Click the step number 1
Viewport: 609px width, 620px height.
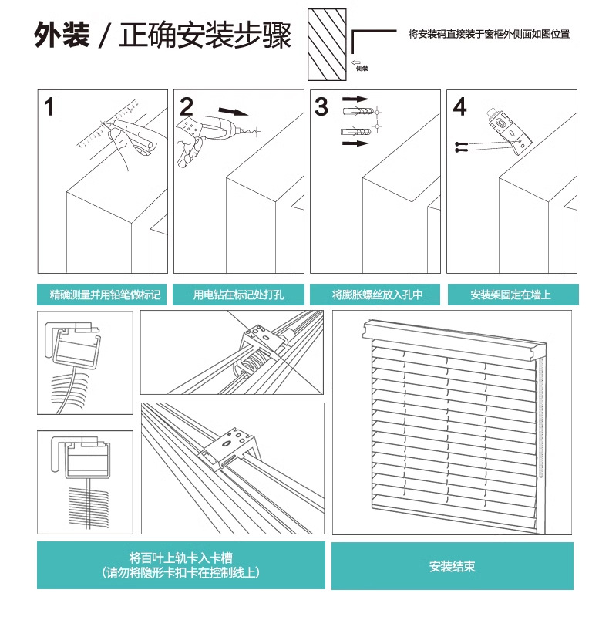(50, 107)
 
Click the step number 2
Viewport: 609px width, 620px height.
(187, 106)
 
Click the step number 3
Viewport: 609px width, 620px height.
(321, 107)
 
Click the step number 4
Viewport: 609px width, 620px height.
(459, 107)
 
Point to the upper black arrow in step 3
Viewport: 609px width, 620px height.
(355, 100)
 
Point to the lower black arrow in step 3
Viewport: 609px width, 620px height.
(355, 143)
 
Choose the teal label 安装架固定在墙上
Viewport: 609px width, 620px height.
(511, 295)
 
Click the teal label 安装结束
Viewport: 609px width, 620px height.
(452, 567)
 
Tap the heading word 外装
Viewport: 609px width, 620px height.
(62, 36)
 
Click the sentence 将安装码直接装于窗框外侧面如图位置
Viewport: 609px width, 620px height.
(489, 35)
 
